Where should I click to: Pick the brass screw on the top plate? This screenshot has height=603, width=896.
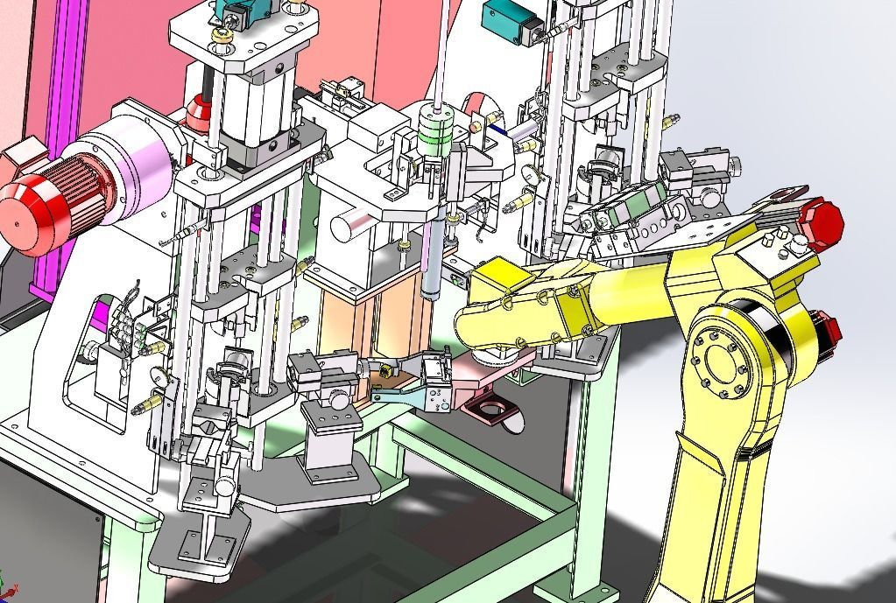(x=224, y=35)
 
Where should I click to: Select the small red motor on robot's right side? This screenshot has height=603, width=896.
(x=829, y=333)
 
